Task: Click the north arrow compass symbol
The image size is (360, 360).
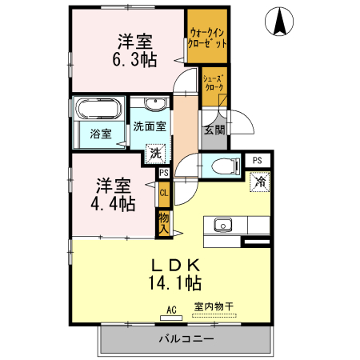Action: [x=281, y=22]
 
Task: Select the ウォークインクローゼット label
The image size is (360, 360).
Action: [x=206, y=38]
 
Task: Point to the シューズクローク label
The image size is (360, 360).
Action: [x=213, y=83]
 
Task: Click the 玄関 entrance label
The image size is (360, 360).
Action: [x=214, y=130]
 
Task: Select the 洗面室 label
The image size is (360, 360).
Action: [x=150, y=126]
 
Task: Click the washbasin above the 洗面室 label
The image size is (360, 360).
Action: [x=157, y=104]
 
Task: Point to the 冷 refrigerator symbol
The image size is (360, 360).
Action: [x=260, y=182]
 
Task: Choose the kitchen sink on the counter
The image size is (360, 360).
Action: [x=222, y=224]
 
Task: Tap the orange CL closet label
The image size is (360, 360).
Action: [x=163, y=193]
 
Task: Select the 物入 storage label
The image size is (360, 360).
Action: [x=163, y=222]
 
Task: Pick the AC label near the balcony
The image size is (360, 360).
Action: [x=170, y=308]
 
